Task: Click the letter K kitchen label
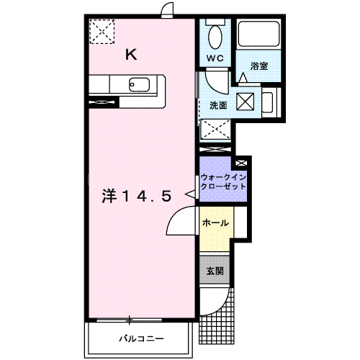click(131, 55)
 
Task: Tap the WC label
click(215, 58)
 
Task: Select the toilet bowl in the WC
click(215, 37)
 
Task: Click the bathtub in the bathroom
click(258, 34)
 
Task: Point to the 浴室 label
click(259, 66)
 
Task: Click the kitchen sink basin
click(139, 85)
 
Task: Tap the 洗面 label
click(218, 105)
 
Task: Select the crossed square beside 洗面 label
click(246, 102)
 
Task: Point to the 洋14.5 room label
click(137, 196)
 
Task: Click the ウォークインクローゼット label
click(223, 182)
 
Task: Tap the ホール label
click(215, 223)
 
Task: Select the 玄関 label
click(215, 271)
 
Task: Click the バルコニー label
click(142, 338)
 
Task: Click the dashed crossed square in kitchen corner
click(102, 32)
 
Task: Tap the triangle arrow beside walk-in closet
click(190, 194)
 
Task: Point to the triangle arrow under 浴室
click(243, 77)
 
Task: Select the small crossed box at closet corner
click(241, 163)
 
